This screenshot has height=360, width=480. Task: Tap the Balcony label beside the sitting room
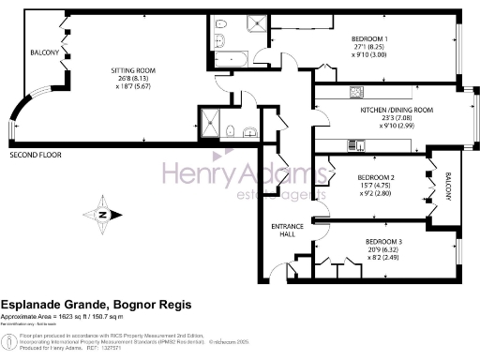click(45, 53)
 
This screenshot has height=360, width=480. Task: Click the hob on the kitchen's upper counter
click(357, 92)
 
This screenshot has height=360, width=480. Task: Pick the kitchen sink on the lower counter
click(357, 144)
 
